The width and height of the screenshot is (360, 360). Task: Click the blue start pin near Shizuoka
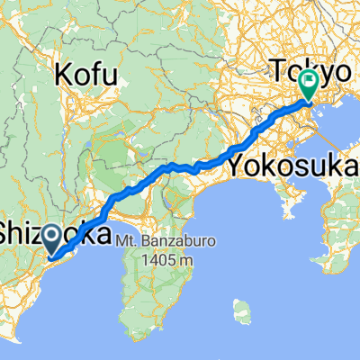point(52,239)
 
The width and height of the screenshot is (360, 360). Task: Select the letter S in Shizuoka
point(7,236)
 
